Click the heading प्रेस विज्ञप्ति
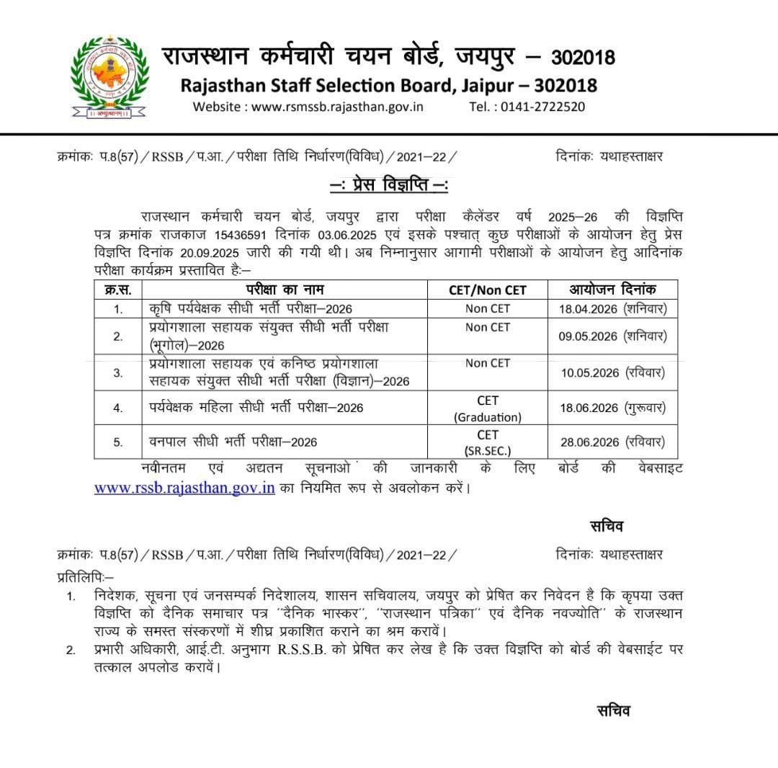(x=389, y=186)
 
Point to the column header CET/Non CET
(x=487, y=290)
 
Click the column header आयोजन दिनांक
(x=612, y=289)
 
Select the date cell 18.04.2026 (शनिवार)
(x=612, y=308)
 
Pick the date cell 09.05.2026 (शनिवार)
(x=612, y=336)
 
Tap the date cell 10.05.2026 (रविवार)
(x=612, y=372)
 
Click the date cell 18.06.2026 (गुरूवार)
(x=612, y=408)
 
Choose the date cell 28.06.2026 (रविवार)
(x=612, y=442)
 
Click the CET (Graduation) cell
(x=487, y=408)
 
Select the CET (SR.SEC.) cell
(x=487, y=442)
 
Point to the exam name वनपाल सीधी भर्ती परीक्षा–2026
(x=233, y=442)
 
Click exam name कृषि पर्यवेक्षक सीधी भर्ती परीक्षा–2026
(x=251, y=308)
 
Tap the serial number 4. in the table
(x=118, y=408)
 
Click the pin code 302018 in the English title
(x=566, y=85)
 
